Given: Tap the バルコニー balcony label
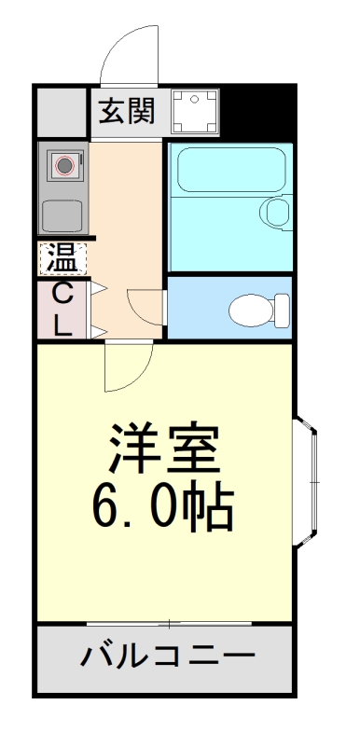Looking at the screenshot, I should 168,656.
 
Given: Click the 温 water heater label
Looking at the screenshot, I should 62,256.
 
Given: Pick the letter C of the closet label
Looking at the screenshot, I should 62,293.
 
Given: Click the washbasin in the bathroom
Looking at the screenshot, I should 276,211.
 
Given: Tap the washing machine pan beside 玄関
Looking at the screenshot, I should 195,110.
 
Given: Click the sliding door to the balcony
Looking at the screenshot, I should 168,622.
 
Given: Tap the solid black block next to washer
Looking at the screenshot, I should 256,112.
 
